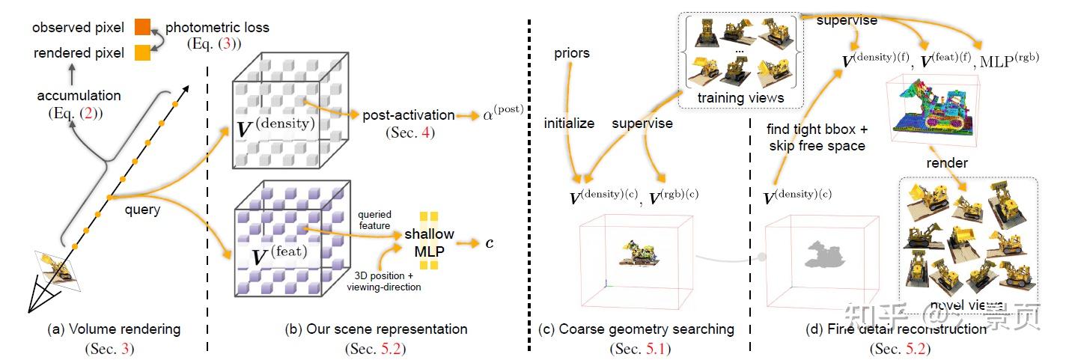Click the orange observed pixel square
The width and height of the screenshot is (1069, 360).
pos(142,28)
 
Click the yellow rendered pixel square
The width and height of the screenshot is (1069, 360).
pos(142,53)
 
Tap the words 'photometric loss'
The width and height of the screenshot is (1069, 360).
pos(216,28)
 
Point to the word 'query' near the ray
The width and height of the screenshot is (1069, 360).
pos(142,210)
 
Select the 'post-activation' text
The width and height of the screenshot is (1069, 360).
pos(409,115)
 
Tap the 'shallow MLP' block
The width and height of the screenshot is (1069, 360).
pos(429,241)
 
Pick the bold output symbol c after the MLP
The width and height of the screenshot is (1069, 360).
pos(490,242)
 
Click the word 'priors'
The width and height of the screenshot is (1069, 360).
pos(572,53)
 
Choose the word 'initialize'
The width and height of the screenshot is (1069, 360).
pos(569,122)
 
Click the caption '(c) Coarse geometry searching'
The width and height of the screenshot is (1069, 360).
pos(636,329)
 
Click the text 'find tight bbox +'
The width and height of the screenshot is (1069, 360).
pos(816,129)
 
